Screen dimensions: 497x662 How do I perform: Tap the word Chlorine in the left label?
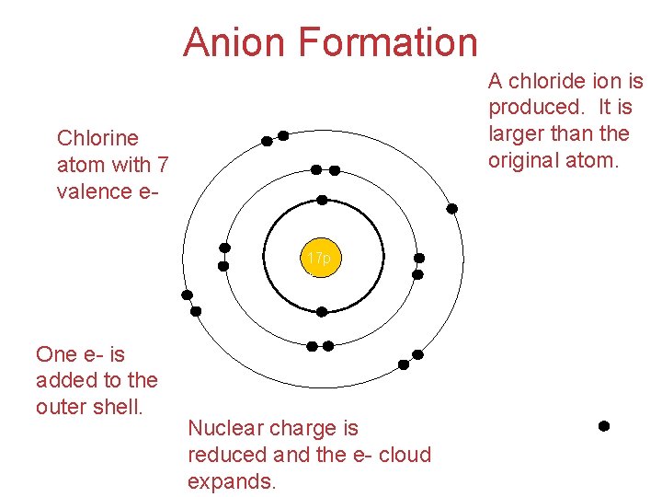pyautogui.click(x=97, y=138)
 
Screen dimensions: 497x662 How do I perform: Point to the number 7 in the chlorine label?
pyautogui.click(x=163, y=165)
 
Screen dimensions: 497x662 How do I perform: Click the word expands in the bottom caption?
pyautogui.click(x=232, y=481)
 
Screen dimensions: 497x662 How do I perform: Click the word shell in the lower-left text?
pyautogui.click(x=118, y=406)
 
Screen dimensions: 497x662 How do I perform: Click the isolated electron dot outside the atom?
pyautogui.click(x=604, y=426)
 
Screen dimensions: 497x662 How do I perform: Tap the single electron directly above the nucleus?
pyautogui.click(x=322, y=200)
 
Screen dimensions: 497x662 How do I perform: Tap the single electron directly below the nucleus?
pyautogui.click(x=322, y=312)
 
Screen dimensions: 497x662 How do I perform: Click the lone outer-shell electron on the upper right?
pyautogui.click(x=451, y=209)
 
